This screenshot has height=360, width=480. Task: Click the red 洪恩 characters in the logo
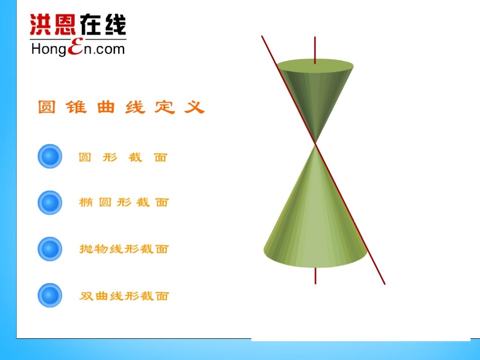(50, 24)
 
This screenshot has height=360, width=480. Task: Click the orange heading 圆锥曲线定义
(121, 107)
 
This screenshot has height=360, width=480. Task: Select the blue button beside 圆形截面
(50, 157)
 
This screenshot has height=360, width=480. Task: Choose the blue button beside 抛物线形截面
(50, 249)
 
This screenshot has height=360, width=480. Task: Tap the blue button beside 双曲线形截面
(50, 295)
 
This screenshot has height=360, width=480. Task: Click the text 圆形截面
(123, 158)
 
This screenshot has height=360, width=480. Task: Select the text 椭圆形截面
(124, 203)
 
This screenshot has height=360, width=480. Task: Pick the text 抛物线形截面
(124, 249)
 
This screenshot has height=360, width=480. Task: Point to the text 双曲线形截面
(124, 296)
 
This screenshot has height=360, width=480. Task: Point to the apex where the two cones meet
(315, 143)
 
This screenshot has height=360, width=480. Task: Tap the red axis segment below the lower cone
(315, 276)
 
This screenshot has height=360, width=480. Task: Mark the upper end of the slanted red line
(262, 37)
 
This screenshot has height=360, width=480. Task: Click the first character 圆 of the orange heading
(46, 107)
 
